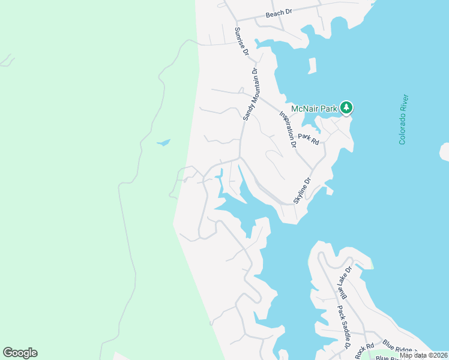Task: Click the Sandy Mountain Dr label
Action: click(x=250, y=94)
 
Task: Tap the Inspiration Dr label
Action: click(x=288, y=129)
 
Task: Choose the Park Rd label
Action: click(x=310, y=139)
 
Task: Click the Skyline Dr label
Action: click(x=302, y=189)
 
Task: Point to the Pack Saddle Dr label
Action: click(x=343, y=328)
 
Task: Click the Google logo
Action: click(x=20, y=353)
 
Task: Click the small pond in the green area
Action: click(x=163, y=143)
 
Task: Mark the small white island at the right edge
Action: click(x=445, y=151)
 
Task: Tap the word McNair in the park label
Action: click(x=304, y=109)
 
